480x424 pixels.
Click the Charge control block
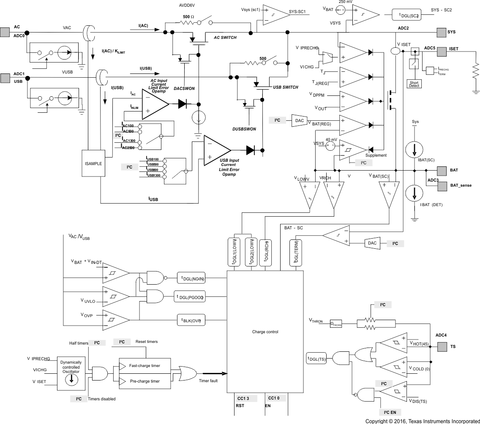click(265, 332)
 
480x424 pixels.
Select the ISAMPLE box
click(93, 163)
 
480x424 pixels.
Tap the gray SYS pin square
click(441, 32)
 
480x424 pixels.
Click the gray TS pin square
click(442, 346)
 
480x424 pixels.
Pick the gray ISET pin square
click(441, 51)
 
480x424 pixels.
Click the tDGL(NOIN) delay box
click(192, 278)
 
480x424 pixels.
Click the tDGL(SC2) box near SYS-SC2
click(408, 15)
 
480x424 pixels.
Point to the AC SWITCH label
click(225, 38)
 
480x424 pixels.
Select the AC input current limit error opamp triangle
click(154, 104)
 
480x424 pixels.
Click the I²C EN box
click(390, 412)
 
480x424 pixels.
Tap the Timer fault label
click(208, 381)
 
